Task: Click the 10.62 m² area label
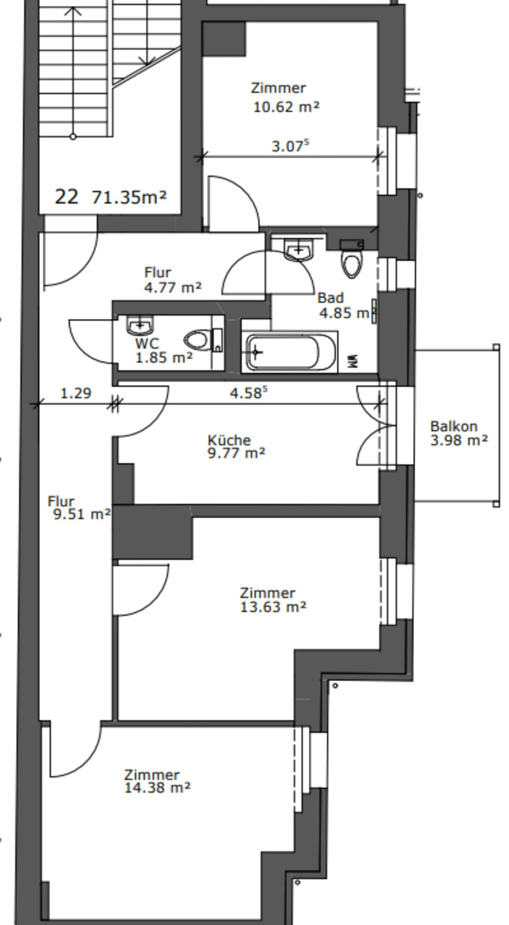pyautogui.click(x=286, y=107)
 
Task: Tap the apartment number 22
pyautogui.click(x=66, y=197)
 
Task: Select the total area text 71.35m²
pyautogui.click(x=129, y=197)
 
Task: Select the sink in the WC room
pyautogui.click(x=140, y=324)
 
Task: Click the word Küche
pyautogui.click(x=229, y=440)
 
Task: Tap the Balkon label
pyautogui.click(x=454, y=426)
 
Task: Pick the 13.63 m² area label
pyautogui.click(x=273, y=607)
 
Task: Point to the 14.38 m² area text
pyautogui.click(x=157, y=788)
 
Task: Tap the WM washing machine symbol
pyautogui.click(x=353, y=361)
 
